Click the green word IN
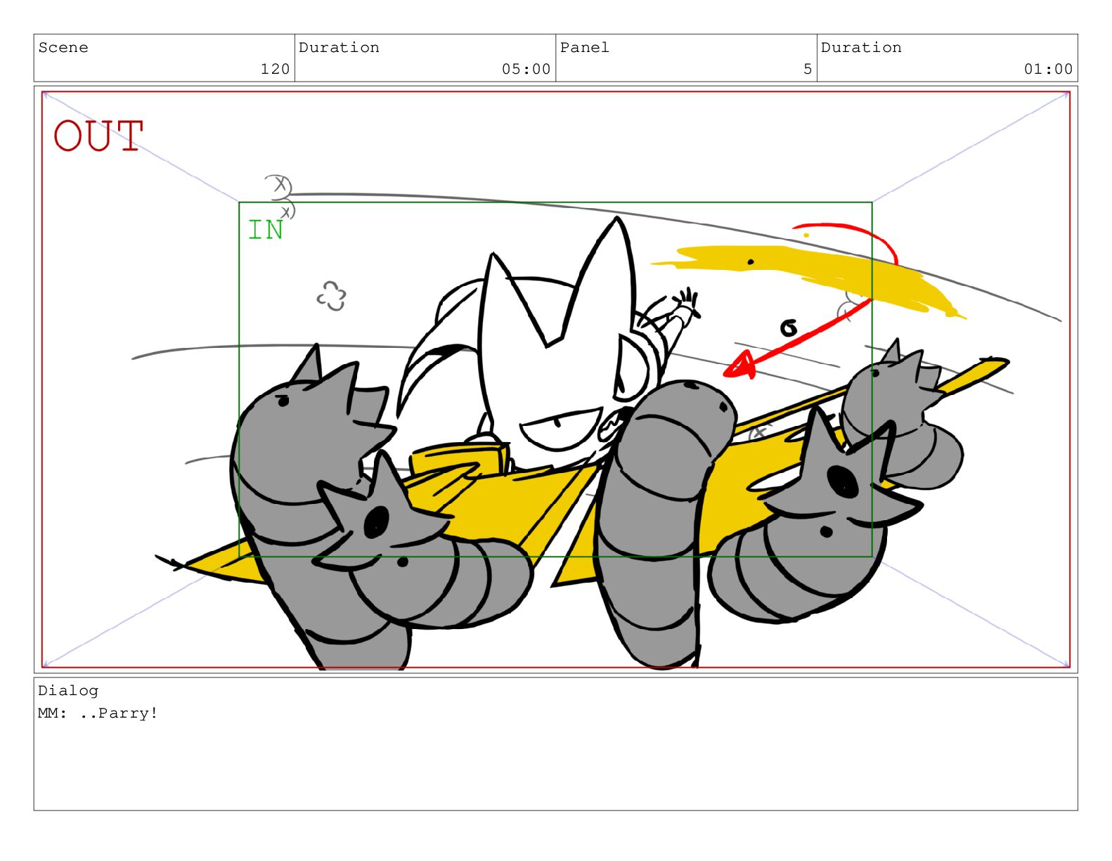pos(265,230)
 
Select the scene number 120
pos(275,69)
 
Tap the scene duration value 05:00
pos(526,69)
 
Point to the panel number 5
pos(807,69)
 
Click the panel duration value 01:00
pos(1048,69)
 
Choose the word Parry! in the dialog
pos(128,713)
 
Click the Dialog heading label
pos(68,691)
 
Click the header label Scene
pos(63,48)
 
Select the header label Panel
pos(584,48)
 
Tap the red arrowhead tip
pos(724,375)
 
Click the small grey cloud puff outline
pos(331,296)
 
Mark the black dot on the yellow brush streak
pos(750,262)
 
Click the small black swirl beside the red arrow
pos(789,328)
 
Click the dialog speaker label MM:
pos(52,713)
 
